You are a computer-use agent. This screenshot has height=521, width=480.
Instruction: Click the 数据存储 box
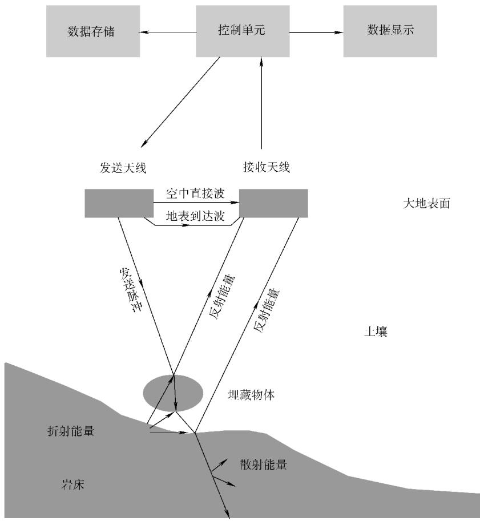coord(92,31)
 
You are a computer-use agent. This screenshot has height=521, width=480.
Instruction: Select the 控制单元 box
coord(243,31)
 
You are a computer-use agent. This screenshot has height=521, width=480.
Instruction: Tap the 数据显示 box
coord(390,31)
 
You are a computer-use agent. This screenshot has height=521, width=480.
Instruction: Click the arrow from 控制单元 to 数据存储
coord(168,32)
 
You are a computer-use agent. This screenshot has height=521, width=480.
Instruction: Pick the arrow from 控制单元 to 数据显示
coord(316,32)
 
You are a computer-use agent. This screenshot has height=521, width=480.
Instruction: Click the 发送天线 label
coord(123,167)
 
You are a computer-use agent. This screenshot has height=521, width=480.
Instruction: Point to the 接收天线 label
coord(267,167)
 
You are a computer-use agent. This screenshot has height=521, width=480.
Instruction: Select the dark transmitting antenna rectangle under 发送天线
coord(119,203)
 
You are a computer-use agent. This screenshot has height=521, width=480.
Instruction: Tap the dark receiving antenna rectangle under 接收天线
coord(273,203)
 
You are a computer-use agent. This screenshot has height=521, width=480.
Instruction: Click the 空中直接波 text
coord(195,193)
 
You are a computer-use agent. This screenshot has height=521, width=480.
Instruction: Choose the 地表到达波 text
coord(195,216)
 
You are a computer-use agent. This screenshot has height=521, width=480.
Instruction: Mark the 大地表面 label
coord(426,203)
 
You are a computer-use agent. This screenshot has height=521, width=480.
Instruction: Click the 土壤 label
coord(376,332)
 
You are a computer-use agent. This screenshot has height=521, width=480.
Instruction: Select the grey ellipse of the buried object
coord(173,393)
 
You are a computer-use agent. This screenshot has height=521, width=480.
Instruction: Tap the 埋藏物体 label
coord(251,395)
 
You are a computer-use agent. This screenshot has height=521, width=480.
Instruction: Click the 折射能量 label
coord(71,431)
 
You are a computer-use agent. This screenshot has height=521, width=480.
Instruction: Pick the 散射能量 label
coord(264,464)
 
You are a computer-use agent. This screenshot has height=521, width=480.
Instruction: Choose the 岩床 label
coord(73,484)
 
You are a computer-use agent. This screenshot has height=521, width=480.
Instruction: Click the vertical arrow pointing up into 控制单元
coord(261,103)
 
